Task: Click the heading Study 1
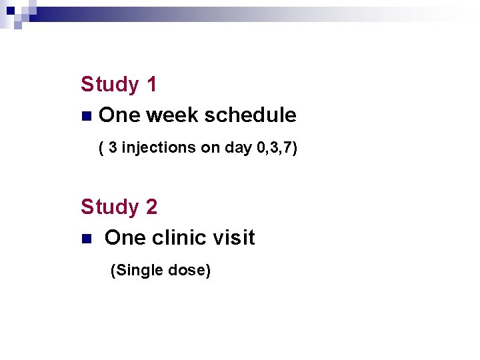coord(119,85)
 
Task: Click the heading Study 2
coord(119,207)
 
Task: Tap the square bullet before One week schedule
coord(85,116)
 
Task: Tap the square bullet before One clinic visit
coord(85,239)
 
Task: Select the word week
coord(172,115)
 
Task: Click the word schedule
coord(250,115)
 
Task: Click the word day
coord(238,148)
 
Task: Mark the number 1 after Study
coord(151,85)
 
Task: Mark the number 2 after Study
coord(151,207)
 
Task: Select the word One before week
coord(119,115)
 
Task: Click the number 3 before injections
coord(113,147)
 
